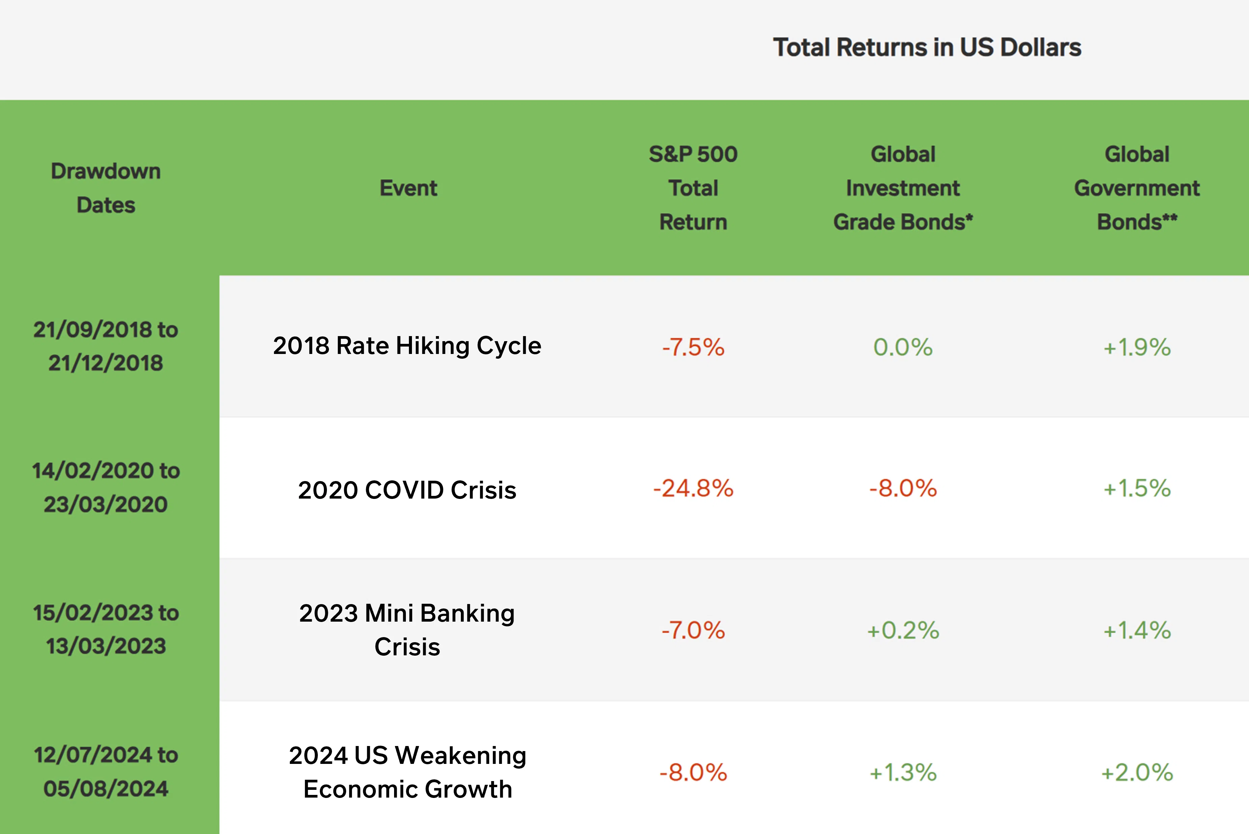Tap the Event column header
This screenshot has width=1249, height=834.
(x=408, y=188)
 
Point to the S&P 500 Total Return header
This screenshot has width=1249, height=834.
(x=693, y=188)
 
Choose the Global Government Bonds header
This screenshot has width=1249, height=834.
(x=1137, y=188)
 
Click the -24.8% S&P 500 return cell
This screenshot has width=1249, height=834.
(x=693, y=488)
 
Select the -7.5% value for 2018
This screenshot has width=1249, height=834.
(x=693, y=347)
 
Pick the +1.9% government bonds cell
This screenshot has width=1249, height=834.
(x=1137, y=347)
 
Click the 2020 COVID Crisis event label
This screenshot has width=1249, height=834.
(x=407, y=489)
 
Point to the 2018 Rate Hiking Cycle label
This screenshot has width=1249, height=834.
(x=407, y=346)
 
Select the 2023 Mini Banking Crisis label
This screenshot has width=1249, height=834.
(x=407, y=630)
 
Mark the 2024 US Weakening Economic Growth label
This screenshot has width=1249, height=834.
(x=407, y=772)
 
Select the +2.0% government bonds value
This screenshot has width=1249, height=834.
(x=1137, y=772)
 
